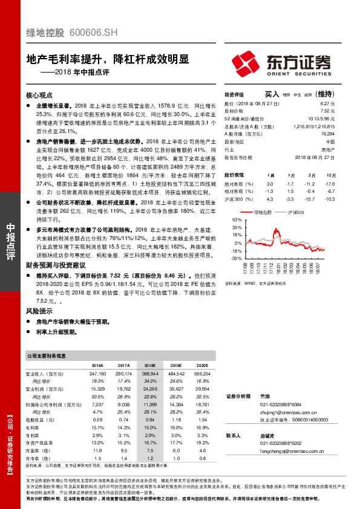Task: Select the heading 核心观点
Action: [x=41, y=96]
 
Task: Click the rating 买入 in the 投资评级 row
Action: [x=272, y=94]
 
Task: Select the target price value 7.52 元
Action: [x=327, y=111]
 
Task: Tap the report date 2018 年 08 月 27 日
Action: [x=315, y=156]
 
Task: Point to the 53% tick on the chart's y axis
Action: [x=236, y=219]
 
